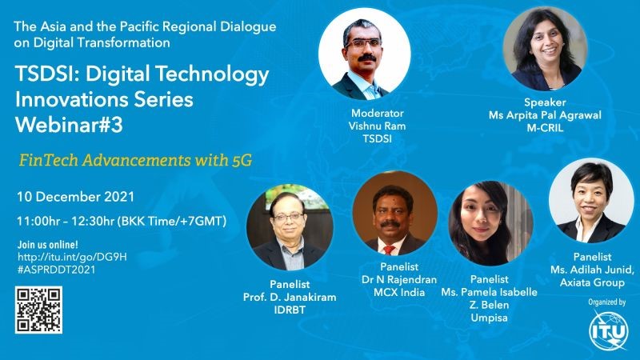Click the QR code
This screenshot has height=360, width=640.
pos(38,310)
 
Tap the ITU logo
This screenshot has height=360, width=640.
pos(608,330)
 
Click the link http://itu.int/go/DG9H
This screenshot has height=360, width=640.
pos(72,257)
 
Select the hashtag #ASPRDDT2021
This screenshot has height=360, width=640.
pos(56,270)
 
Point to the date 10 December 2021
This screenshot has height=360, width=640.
pos(75,197)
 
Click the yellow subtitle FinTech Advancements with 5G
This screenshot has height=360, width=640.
pos(135,160)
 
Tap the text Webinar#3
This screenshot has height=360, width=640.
pos(69,125)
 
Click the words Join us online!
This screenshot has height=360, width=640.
pos(47,245)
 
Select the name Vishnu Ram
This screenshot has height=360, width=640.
pos(377,126)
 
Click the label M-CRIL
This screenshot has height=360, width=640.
pos(545,128)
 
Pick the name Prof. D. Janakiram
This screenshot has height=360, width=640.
pos(290,297)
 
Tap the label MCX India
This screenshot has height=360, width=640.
pos(399,292)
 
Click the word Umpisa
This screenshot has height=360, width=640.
pos(489,318)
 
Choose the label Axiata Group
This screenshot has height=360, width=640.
pos(592,282)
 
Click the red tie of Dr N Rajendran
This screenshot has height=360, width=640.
pos(389,250)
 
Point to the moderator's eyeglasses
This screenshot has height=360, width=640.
pos(364,43)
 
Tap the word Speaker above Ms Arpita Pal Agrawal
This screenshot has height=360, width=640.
pos(545,102)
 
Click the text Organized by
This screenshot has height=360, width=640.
pos(607,302)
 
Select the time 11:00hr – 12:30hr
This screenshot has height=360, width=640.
pos(66,222)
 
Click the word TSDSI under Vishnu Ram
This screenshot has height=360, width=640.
pos(377,138)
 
